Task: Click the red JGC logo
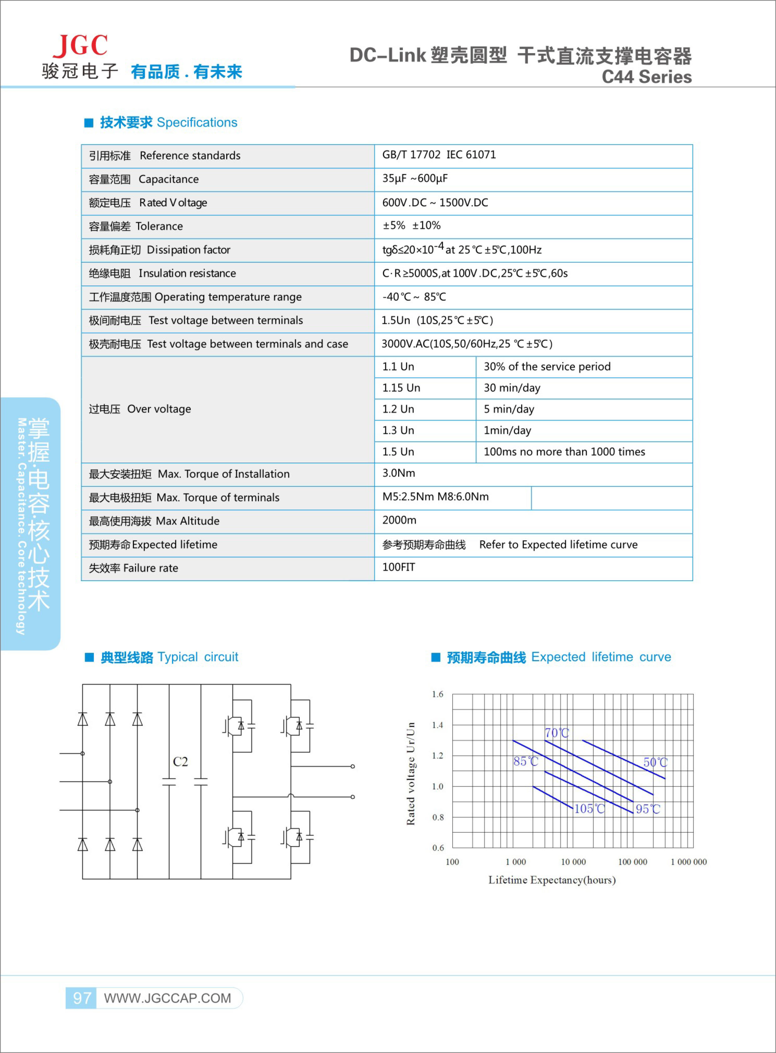pos(80,46)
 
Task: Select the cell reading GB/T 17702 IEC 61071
pos(439,155)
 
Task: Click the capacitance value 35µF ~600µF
pos(415,178)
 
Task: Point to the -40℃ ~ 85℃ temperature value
pos(414,297)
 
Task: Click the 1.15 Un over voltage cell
pos(401,388)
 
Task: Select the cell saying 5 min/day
pos(509,409)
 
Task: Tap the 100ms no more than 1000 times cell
pos(564,452)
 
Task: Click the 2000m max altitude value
pos(399,520)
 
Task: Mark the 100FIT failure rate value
pos(398,567)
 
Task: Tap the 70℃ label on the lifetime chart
pos(557,733)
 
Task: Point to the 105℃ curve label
pos(590,808)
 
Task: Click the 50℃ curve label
pos(655,762)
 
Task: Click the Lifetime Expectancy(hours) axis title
pos(552,880)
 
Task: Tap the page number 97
pos(82,998)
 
